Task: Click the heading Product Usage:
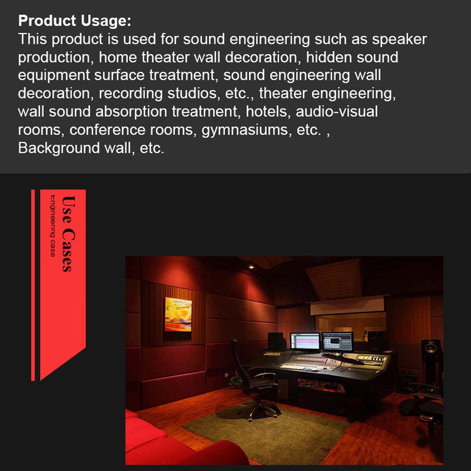pyautogui.click(x=74, y=21)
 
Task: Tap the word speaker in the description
pyautogui.click(x=399, y=40)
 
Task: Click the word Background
pyautogui.click(x=59, y=148)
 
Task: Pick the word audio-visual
pyautogui.click(x=337, y=112)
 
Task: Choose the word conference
pyautogui.click(x=107, y=130)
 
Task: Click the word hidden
pyautogui.click(x=329, y=57)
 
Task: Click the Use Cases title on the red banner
pyautogui.click(x=68, y=234)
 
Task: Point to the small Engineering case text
pyautogui.click(x=53, y=226)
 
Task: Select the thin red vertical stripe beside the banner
pyautogui.click(x=33, y=285)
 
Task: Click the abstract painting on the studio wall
pyautogui.click(x=178, y=315)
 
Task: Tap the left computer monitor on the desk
pyautogui.click(x=305, y=341)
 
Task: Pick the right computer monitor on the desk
pyautogui.click(x=338, y=341)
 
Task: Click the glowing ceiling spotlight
pyautogui.click(x=251, y=267)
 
